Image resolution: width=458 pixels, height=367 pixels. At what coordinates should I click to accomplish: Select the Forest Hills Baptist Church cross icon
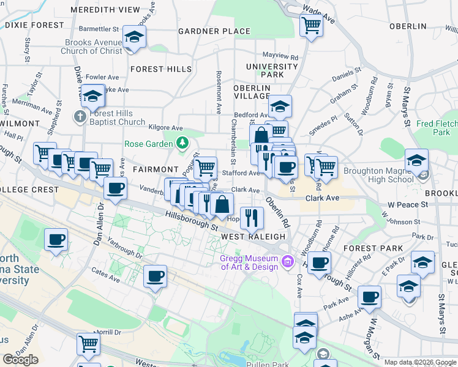pyautogui.click(x=80, y=116)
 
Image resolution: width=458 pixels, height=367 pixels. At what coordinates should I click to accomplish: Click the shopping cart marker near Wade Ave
pyautogui.click(x=311, y=26)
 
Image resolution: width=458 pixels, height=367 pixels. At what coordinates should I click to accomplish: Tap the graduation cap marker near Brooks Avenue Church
pyautogui.click(x=133, y=37)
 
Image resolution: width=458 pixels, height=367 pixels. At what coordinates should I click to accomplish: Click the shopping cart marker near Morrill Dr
pyautogui.click(x=88, y=344)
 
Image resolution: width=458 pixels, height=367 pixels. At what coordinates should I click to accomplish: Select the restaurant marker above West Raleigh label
pyautogui.click(x=252, y=217)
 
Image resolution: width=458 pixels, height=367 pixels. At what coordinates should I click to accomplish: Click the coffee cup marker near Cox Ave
pyautogui.click(x=318, y=264)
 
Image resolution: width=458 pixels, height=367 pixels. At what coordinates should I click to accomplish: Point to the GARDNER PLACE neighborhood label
pyautogui.click(x=214, y=31)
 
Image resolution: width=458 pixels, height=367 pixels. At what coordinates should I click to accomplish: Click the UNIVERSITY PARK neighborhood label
pyautogui.click(x=272, y=70)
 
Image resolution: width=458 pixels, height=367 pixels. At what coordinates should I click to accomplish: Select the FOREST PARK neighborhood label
pyautogui.click(x=373, y=248)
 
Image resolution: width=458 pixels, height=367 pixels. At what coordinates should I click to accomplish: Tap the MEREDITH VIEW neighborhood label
pyautogui.click(x=105, y=10)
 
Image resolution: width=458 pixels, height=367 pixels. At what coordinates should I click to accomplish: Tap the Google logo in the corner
pyautogui.click(x=20, y=360)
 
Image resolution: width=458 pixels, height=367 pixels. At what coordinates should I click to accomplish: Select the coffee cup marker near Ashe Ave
pyautogui.click(x=369, y=297)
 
